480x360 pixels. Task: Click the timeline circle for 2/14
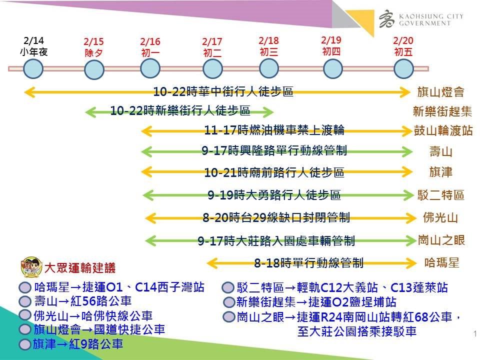click(33, 68)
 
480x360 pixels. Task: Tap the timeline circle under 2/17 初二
click(212, 68)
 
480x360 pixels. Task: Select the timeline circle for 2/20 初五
click(403, 68)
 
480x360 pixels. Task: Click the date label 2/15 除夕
click(93, 47)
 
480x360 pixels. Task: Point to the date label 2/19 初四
click(331, 46)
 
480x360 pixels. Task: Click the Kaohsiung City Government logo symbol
click(387, 19)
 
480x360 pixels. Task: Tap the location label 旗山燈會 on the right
click(440, 92)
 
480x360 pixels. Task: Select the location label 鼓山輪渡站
click(443, 130)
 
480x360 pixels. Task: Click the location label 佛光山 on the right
click(440, 217)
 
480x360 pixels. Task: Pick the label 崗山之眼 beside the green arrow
click(441, 240)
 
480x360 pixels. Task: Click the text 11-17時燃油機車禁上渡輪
click(274, 130)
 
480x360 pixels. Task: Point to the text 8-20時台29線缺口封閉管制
click(276, 217)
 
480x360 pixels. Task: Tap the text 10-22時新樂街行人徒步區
click(180, 110)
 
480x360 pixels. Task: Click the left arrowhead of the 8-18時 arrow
click(212, 263)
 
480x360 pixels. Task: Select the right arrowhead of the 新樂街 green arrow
click(268, 112)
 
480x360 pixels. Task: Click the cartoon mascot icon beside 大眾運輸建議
click(31, 267)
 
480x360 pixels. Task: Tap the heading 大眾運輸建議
click(80, 268)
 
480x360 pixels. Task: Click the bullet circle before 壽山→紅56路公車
click(25, 301)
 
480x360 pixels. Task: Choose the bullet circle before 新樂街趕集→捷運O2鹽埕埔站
click(228, 302)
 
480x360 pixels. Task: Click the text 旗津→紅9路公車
click(78, 344)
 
